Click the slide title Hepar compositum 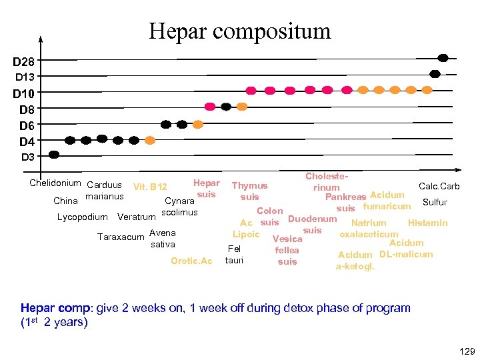pos(239,31)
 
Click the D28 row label pos(25,61)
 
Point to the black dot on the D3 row pos(54,154)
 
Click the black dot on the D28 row pos(443,58)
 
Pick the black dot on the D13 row pos(435,74)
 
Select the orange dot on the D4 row pos(150,140)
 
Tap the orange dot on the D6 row pos(198,124)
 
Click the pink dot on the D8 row pos(210,106)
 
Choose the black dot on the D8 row pos(226,107)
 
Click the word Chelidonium pos(55,183)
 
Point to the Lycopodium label pos(82,217)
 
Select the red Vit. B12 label pos(150,187)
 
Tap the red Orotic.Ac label pos(191,261)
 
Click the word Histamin pos(427,223)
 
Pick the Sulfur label pos(435,202)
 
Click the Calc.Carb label pos(439,186)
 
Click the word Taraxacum pos(121,237)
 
